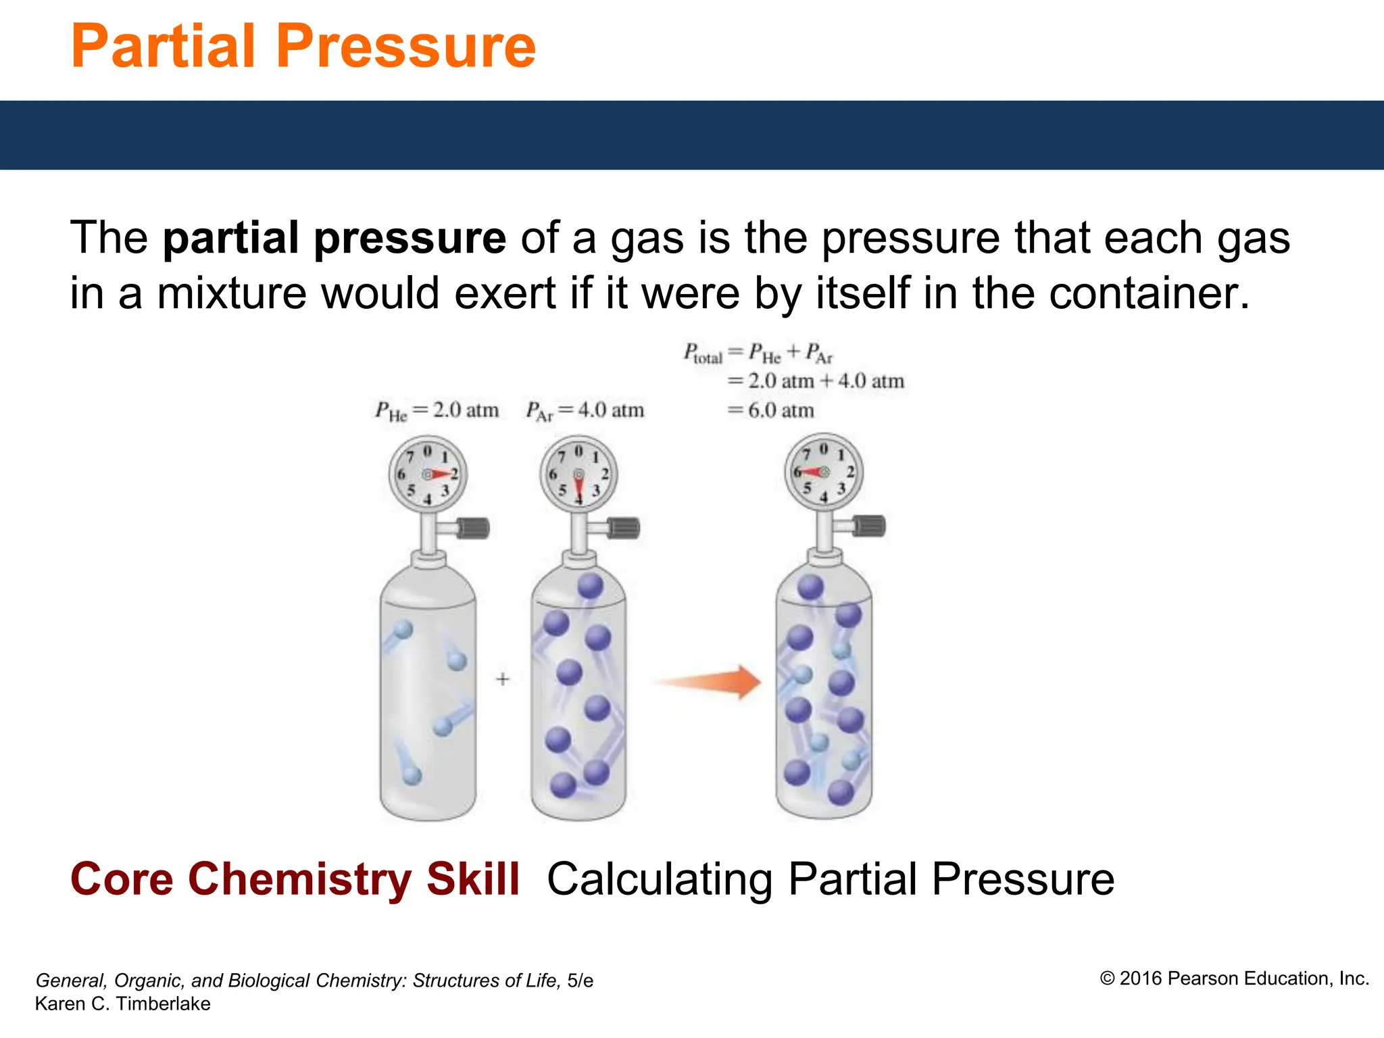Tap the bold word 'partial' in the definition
point(237,238)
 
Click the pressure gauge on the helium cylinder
point(428,474)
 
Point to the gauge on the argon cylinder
point(578,474)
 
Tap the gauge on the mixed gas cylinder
point(824,472)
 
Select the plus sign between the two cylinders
point(502,678)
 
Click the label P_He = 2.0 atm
point(437,411)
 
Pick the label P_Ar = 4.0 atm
point(585,411)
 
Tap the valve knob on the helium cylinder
point(474,528)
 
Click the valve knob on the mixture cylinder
point(870,526)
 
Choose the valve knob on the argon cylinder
point(624,528)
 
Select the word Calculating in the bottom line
point(660,880)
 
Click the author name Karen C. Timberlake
point(122,1004)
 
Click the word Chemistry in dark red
point(299,880)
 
